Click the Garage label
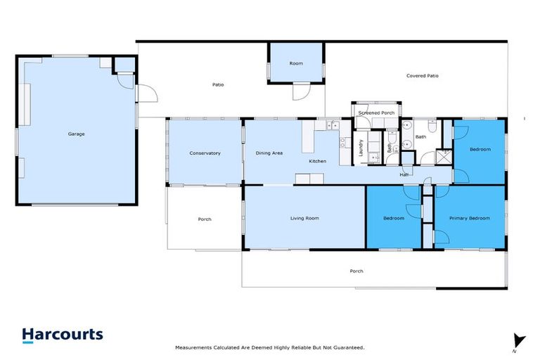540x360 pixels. (76, 134)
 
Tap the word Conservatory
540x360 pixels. (205, 153)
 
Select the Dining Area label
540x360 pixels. (269, 153)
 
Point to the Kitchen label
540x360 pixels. (318, 161)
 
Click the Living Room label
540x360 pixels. (304, 218)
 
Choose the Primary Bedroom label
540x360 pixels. (469, 218)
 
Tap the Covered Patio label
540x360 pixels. (423, 75)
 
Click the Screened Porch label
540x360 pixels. (377, 112)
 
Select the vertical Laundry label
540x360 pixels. (361, 148)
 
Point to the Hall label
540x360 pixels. (404, 174)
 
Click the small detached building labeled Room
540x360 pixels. (296, 63)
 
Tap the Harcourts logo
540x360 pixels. (63, 335)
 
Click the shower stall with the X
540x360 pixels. (443, 156)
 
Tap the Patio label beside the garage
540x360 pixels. (218, 85)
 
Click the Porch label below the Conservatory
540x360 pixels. (205, 219)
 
